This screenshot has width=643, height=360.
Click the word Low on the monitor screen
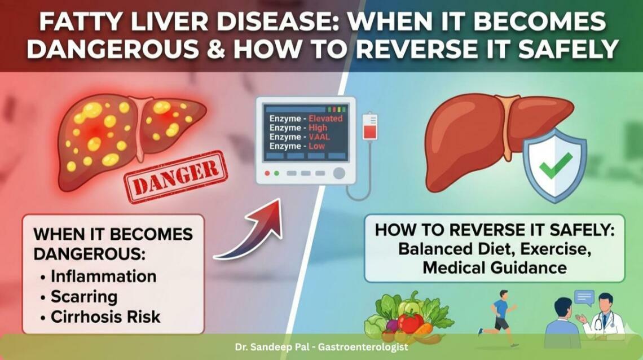coord(317,146)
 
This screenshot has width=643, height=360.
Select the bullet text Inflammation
coord(103,276)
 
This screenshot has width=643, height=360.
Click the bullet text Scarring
coord(84,296)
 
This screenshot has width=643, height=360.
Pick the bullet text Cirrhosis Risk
coord(105,317)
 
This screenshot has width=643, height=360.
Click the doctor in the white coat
coord(605,316)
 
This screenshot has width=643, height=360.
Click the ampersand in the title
coord(218,49)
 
